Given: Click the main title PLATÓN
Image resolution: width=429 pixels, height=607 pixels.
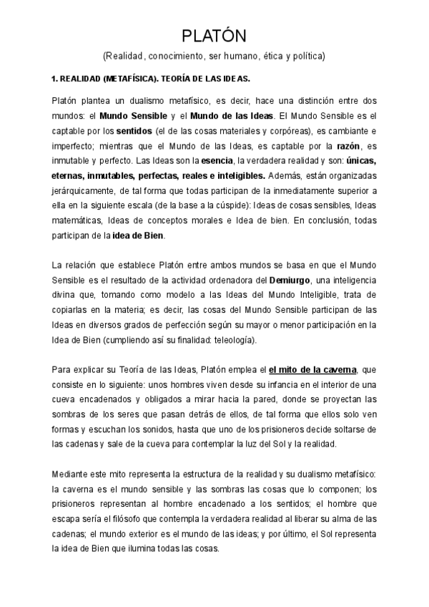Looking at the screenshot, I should click(x=214, y=36).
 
